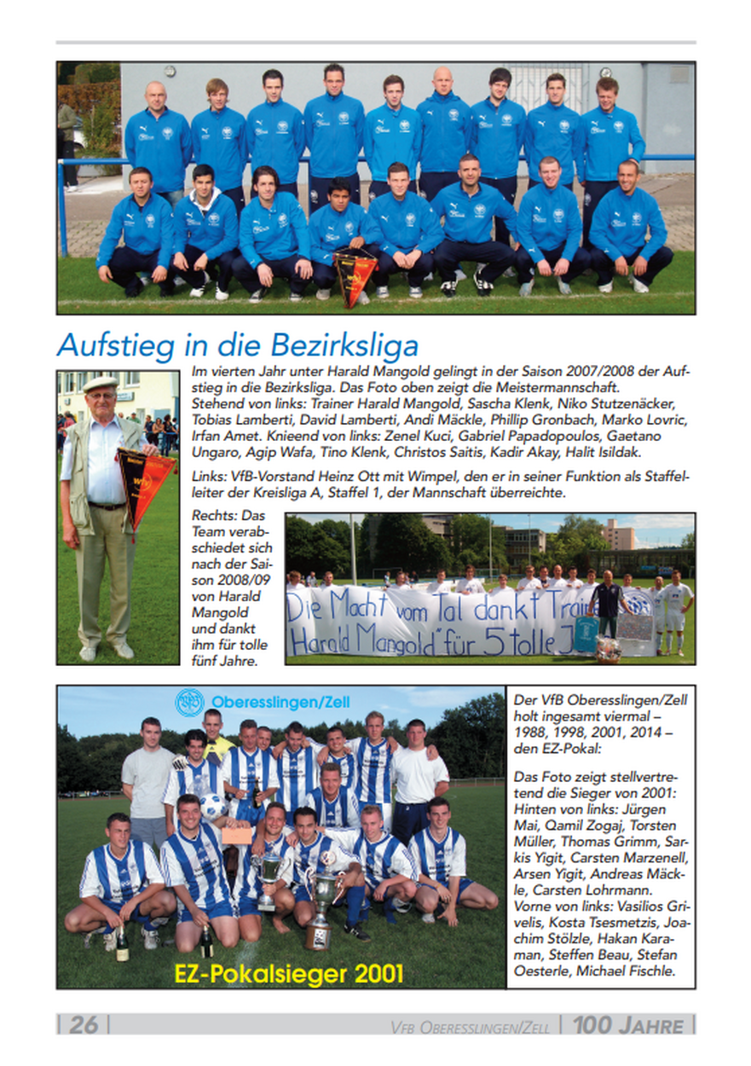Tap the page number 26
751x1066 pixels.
(x=83, y=1024)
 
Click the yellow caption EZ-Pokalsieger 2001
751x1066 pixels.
(x=288, y=973)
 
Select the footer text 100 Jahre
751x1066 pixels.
(x=628, y=1024)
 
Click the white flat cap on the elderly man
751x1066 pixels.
(x=100, y=384)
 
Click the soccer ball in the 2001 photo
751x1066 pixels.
(x=213, y=807)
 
